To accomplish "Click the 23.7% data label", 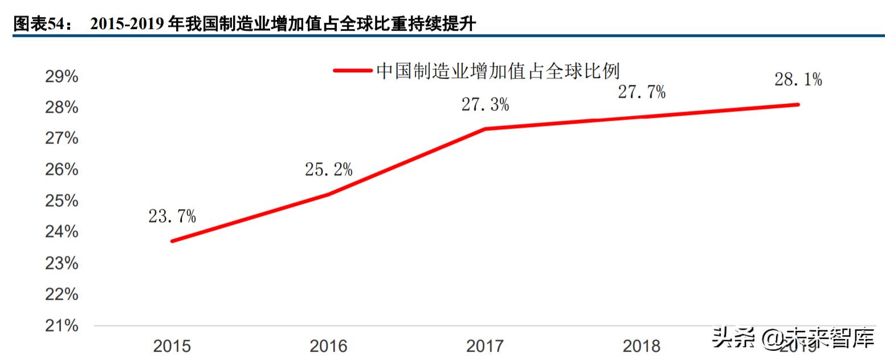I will click(x=172, y=216).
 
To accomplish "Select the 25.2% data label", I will click(x=328, y=169).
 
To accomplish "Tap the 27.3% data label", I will click(x=485, y=105).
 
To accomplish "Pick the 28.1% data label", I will click(x=798, y=80).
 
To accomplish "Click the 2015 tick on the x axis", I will click(x=172, y=346).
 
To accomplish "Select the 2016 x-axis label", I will click(x=328, y=346).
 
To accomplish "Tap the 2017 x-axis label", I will click(x=485, y=346).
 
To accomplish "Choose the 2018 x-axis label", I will click(x=642, y=346).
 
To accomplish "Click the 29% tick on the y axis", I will click(x=62, y=77).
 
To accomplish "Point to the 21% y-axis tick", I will click(x=62, y=326).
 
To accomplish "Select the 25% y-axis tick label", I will click(x=62, y=201).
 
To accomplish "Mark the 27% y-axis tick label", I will click(x=62, y=139).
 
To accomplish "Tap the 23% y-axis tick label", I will click(x=62, y=264).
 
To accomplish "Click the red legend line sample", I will click(x=353, y=71).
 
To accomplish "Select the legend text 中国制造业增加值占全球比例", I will click(x=497, y=71).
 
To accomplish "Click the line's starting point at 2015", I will click(x=172, y=241).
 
